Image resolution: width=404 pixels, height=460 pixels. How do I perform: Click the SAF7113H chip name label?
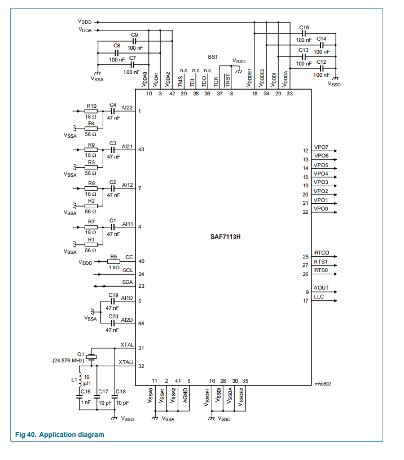223,236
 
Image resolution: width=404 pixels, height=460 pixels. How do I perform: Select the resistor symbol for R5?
113,261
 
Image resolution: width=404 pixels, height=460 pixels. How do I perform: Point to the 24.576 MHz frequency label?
68,360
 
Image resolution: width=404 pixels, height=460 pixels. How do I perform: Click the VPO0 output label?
321,209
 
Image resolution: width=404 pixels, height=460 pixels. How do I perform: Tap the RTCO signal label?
322,253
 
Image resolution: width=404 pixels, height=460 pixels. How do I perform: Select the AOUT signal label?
321,288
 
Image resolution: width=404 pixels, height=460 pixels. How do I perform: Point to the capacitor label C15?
304,27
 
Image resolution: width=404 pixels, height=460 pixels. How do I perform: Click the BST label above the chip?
213,57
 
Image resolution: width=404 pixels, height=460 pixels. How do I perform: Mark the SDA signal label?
128,282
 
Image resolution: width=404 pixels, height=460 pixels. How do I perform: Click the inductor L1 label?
74,380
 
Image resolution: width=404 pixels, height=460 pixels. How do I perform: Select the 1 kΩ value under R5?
114,267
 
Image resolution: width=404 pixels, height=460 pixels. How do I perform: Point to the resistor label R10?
91,106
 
